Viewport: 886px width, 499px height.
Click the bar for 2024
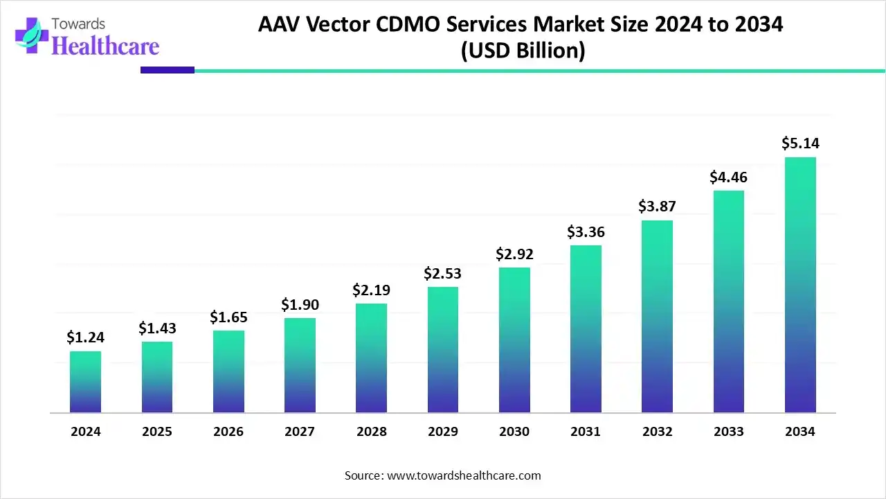tap(85, 382)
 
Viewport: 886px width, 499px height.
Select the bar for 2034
tap(800, 285)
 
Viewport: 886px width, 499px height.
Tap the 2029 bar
tap(443, 350)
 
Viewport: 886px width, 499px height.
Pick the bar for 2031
tap(586, 329)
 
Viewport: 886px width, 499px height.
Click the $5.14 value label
tap(800, 143)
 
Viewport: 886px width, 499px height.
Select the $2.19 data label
tap(371, 290)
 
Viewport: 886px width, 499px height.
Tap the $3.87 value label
tap(657, 207)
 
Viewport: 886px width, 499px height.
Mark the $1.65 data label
tap(228, 317)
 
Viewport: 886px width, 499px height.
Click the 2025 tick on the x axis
tap(157, 432)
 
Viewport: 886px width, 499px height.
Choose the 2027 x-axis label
tap(300, 432)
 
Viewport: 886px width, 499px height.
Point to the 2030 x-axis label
tap(514, 432)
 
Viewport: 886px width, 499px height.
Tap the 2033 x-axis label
tap(729, 432)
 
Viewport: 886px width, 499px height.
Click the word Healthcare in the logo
tap(105, 46)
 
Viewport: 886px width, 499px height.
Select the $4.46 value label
tap(728, 177)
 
